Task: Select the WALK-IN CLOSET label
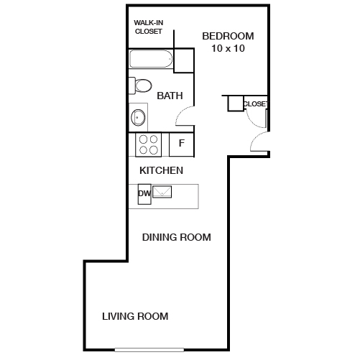click(149, 27)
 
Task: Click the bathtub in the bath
click(151, 59)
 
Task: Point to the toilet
click(142, 86)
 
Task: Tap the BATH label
click(170, 96)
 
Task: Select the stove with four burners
click(149, 144)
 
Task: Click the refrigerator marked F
click(182, 144)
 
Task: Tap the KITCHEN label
click(161, 171)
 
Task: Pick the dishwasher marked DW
click(143, 193)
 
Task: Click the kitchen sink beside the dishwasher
click(162, 192)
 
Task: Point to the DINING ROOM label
click(176, 237)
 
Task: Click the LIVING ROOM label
click(135, 315)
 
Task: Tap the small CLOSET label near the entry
click(255, 104)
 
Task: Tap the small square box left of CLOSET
click(235, 103)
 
